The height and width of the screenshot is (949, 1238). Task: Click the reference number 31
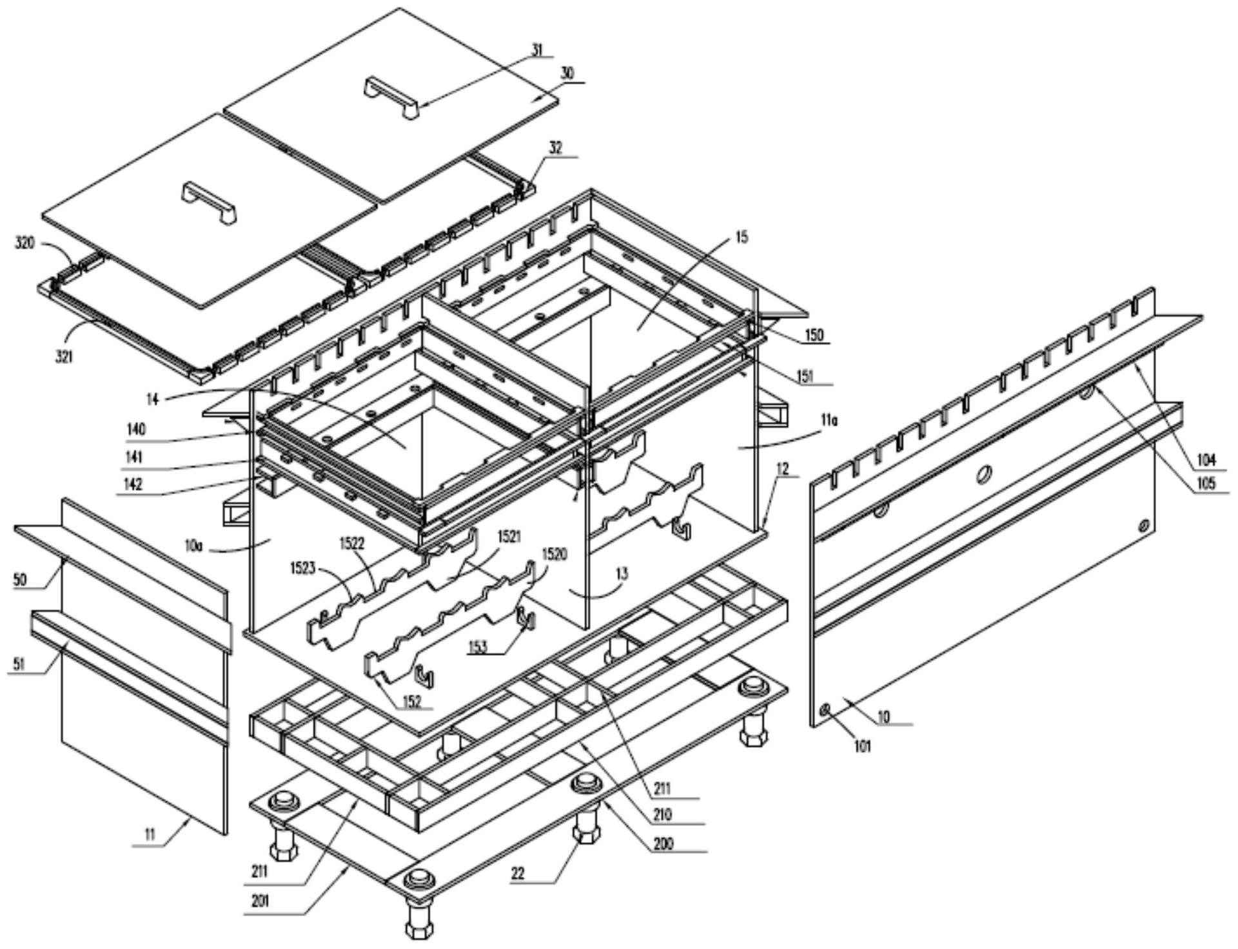point(537,49)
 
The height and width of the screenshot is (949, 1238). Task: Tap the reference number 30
point(567,74)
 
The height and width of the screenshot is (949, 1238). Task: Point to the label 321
point(64,355)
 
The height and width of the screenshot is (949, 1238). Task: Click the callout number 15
point(742,237)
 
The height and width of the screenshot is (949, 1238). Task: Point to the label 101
point(863,747)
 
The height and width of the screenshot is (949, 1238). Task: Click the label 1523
point(300,566)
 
